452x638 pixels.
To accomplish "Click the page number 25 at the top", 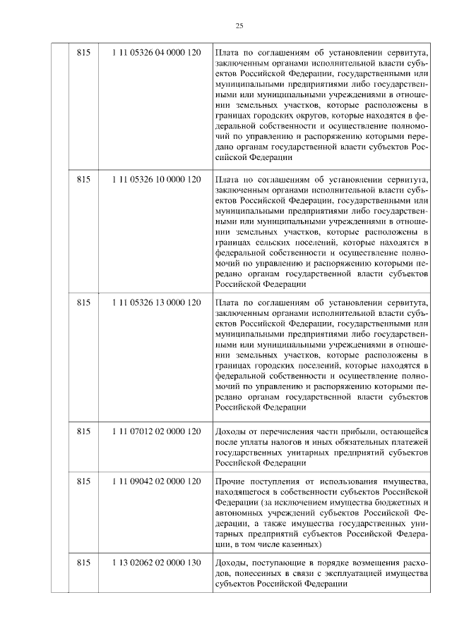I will click(239, 25).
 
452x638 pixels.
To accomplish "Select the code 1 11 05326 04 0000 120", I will click(156, 52).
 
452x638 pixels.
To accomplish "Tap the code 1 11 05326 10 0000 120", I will click(156, 180).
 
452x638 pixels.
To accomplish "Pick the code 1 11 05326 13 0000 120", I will click(156, 302).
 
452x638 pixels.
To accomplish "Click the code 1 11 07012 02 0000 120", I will click(156, 430).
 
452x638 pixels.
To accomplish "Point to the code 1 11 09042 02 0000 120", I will click(156, 480).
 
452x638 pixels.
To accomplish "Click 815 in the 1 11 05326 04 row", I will click(83, 52).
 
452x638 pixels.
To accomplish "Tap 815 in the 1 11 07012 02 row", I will click(83, 430).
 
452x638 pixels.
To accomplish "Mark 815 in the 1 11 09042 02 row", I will click(83, 480).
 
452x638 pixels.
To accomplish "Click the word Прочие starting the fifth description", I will click(229, 480).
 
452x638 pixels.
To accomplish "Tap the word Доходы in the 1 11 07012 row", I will click(230, 430).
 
